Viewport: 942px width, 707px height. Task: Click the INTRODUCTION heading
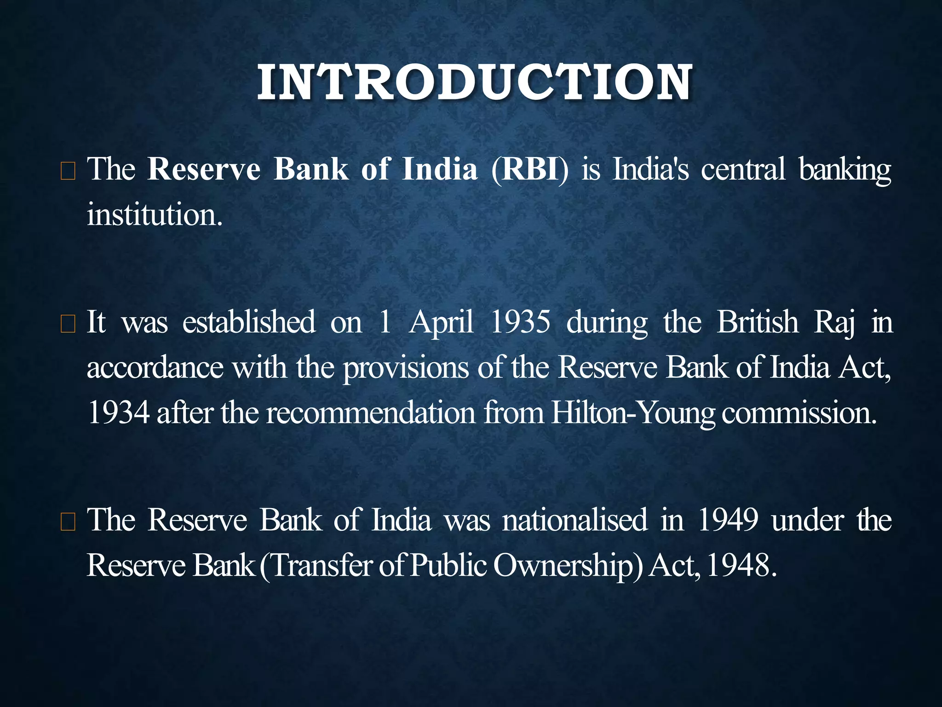[x=474, y=83]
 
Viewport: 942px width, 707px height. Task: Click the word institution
[x=154, y=214]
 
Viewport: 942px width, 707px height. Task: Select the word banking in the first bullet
[x=844, y=169]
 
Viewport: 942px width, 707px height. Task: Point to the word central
[x=743, y=169]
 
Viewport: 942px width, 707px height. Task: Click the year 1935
[x=520, y=322]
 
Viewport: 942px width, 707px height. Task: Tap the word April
[x=441, y=322]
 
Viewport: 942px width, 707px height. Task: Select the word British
[x=758, y=322]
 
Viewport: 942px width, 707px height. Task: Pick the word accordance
[x=155, y=367]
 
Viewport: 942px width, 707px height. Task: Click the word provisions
[x=406, y=367]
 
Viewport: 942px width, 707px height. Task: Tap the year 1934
[x=118, y=412]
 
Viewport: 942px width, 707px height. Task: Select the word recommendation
[x=371, y=412]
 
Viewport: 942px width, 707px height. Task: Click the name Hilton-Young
[x=633, y=412]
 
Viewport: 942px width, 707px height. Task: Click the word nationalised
[x=575, y=520]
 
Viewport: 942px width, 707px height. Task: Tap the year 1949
[x=728, y=520]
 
